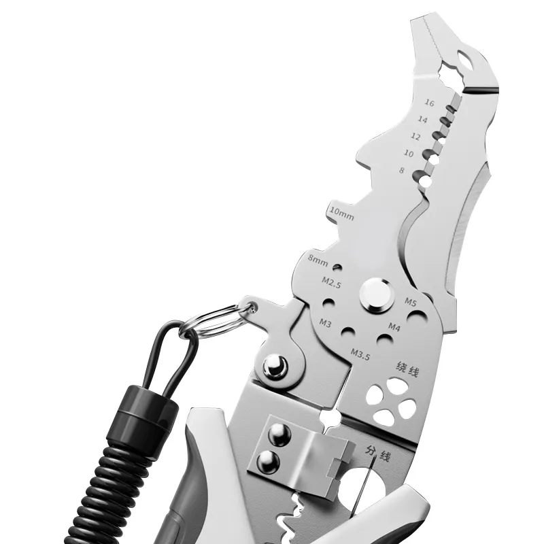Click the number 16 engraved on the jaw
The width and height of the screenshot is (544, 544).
(x=429, y=103)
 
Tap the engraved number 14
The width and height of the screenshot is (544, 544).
(x=422, y=120)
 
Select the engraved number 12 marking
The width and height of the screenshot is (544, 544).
(x=415, y=137)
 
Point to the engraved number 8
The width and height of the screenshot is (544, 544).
(x=402, y=171)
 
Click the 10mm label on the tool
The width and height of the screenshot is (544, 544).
(x=342, y=214)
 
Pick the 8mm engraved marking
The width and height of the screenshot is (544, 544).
(x=318, y=260)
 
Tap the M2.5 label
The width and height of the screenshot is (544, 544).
(x=331, y=282)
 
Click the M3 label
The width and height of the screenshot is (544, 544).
(x=325, y=323)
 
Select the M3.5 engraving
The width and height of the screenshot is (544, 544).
(x=360, y=354)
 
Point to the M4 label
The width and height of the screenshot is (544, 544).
(x=394, y=326)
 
